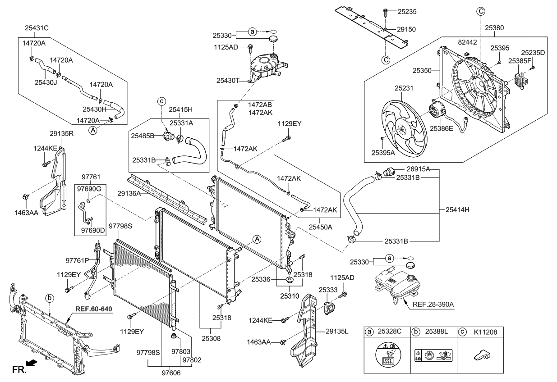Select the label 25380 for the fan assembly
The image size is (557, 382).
click(x=494, y=28)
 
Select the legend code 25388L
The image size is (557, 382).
click(x=437, y=332)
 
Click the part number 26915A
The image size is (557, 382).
click(x=419, y=169)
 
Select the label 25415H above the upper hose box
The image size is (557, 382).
click(x=181, y=109)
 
